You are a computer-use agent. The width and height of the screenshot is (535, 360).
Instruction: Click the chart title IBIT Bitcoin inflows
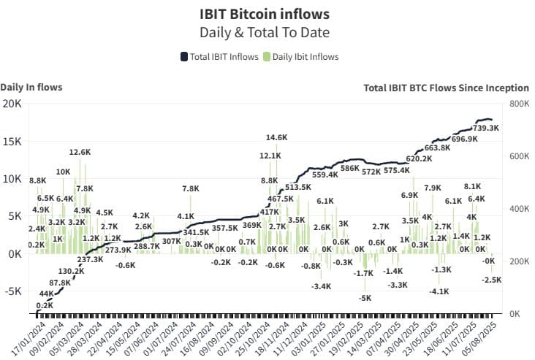(265, 14)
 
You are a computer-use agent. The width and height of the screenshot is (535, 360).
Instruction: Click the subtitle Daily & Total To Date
(265, 32)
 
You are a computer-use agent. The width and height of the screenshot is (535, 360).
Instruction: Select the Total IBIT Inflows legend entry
(219, 57)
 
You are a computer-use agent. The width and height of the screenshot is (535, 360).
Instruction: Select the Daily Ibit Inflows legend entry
(300, 57)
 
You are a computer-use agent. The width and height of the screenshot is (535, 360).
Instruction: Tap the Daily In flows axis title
(31, 87)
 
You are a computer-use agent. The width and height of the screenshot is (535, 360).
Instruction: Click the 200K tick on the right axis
(519, 261)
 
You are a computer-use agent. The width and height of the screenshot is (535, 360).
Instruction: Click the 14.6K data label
(276, 137)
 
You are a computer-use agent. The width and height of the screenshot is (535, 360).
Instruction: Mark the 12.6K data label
(80, 152)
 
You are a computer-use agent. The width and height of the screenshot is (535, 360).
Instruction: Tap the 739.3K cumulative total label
(486, 128)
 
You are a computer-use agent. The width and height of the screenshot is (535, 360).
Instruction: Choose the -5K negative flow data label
(365, 298)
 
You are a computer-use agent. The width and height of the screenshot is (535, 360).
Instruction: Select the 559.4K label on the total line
(325, 175)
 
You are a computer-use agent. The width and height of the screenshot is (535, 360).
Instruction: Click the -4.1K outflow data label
(439, 291)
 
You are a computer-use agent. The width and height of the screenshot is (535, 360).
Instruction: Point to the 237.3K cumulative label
(90, 259)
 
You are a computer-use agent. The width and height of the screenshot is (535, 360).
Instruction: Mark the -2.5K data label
(492, 280)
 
